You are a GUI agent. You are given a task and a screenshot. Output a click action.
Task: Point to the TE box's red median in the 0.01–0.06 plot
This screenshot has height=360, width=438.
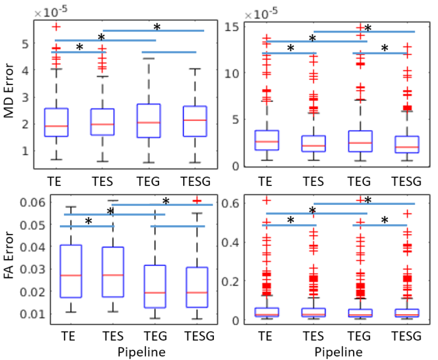(70, 275)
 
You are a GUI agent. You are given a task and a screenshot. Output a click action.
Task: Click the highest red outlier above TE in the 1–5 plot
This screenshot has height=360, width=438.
(56, 27)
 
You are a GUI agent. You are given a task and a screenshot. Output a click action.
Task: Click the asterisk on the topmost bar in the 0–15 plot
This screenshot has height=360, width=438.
(368, 27)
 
